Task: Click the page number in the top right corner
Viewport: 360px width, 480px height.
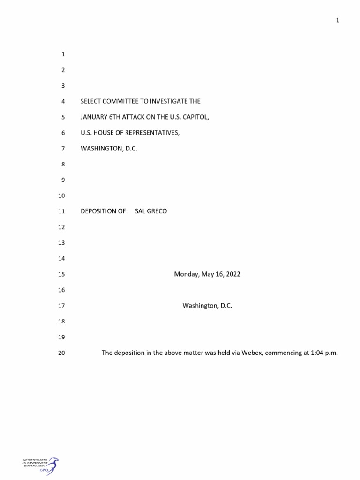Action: coord(337,20)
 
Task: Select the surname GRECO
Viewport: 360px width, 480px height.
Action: coord(157,211)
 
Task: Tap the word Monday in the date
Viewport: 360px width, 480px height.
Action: coord(187,274)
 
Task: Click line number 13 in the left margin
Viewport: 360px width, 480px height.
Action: coord(61,243)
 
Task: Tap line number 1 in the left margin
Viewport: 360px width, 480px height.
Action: coord(62,54)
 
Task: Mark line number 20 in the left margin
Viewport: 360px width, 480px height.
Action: coord(61,353)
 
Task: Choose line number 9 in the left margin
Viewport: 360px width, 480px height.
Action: coord(62,180)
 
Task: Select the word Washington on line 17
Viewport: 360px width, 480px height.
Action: coord(200,306)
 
